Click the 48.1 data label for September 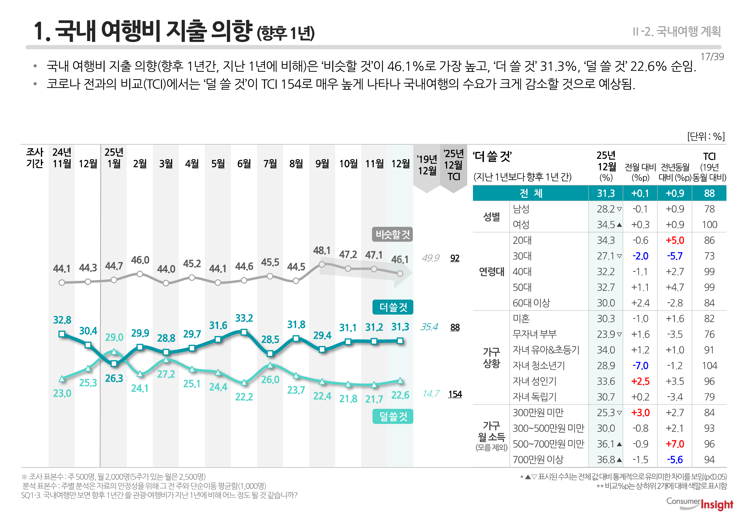[322, 250]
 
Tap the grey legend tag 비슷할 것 [392, 235]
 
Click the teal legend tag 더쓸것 [393, 307]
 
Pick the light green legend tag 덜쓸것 [393, 416]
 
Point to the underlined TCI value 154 [455, 394]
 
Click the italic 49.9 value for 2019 [430, 258]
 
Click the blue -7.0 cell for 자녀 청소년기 [640, 366]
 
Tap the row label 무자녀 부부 [534, 334]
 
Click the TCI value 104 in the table [709, 366]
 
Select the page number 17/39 [712, 57]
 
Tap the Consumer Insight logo [699, 504]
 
